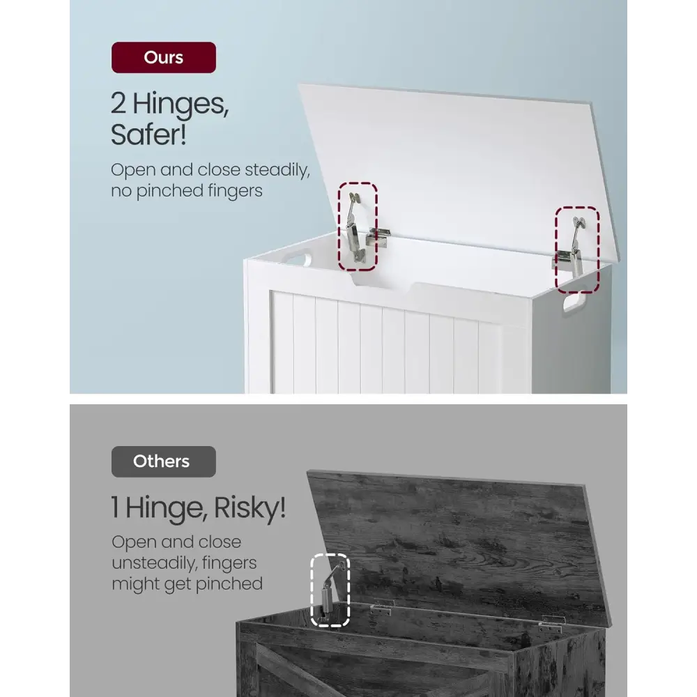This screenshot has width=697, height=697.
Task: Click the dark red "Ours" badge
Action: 164,57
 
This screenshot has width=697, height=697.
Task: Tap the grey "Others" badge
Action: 164,461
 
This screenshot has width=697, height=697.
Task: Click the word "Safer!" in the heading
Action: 148,135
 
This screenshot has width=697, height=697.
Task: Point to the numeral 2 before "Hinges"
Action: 118,103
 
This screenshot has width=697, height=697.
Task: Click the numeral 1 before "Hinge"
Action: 115,507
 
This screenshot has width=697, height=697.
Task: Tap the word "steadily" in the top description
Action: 277,170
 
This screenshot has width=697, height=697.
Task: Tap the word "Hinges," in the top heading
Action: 181,105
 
